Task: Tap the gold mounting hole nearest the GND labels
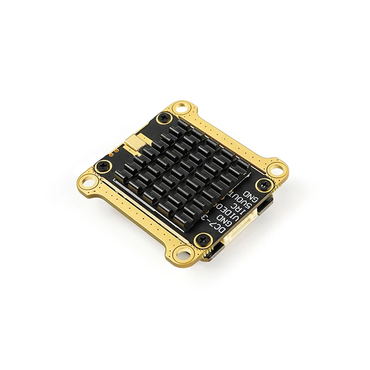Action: [x=277, y=171]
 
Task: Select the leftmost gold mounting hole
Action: [x=88, y=181]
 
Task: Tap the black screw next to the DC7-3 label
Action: [x=203, y=239]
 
